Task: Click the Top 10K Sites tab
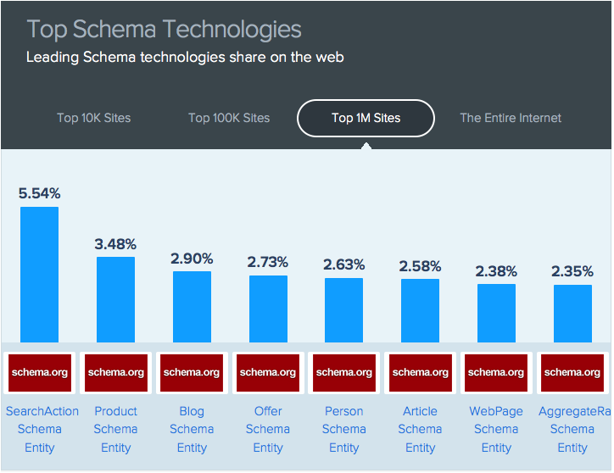click(94, 118)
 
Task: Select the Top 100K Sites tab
click(229, 118)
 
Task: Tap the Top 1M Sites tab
click(366, 118)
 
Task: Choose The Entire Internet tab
click(511, 118)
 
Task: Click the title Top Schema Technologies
click(164, 30)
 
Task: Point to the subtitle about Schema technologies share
click(185, 58)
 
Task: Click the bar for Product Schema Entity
click(115, 299)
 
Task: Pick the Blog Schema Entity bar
click(192, 306)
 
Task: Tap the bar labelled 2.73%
click(268, 309)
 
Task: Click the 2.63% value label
click(343, 264)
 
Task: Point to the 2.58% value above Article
click(420, 266)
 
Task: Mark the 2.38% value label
click(496, 271)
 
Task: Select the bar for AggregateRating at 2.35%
click(572, 313)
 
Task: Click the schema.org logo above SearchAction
click(39, 372)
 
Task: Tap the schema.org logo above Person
click(343, 372)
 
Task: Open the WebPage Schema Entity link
click(496, 429)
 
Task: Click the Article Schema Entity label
click(420, 429)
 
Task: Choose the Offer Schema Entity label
click(268, 429)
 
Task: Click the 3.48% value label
click(115, 244)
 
